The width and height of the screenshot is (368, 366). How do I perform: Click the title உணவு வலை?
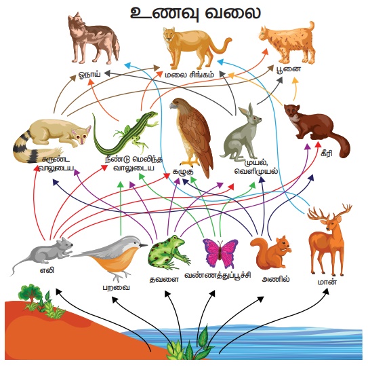coord(195,13)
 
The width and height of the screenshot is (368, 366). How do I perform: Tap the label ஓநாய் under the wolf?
coord(89,74)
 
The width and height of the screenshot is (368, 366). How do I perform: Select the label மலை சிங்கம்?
coord(189,75)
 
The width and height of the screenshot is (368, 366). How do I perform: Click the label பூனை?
coord(289,69)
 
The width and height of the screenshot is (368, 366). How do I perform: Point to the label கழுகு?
coord(183,172)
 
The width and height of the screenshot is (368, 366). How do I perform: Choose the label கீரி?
coord(327,153)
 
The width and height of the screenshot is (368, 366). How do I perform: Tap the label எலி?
coord(47,270)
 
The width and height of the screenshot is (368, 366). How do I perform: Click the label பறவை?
coord(116,287)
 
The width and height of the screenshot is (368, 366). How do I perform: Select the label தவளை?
coord(164,279)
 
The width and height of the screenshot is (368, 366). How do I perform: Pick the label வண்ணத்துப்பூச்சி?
coord(218,275)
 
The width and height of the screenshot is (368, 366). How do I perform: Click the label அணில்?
coord(276,279)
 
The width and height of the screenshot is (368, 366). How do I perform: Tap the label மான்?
coord(327,282)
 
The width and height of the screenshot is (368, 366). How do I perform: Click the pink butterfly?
coord(220,253)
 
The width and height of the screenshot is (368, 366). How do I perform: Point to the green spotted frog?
coord(168,252)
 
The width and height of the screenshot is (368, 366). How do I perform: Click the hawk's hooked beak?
coord(173,106)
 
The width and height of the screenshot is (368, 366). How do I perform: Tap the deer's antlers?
coord(329,212)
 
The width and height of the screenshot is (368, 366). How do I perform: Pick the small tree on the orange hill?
coord(29,293)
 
